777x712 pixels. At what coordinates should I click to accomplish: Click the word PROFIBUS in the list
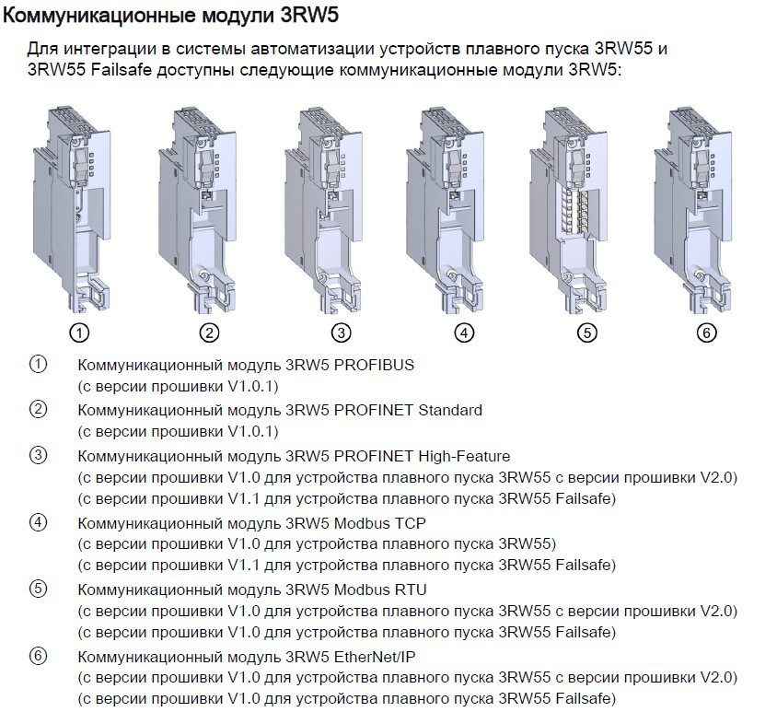(x=374, y=365)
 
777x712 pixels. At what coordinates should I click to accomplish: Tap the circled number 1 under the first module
(x=79, y=333)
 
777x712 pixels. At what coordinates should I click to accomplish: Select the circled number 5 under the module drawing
(x=587, y=333)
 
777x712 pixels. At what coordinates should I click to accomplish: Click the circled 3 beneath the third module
(x=341, y=333)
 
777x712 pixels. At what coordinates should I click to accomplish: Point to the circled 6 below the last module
(x=707, y=333)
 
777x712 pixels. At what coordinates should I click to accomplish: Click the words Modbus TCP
(x=380, y=523)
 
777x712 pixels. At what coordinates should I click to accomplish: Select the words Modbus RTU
(x=380, y=589)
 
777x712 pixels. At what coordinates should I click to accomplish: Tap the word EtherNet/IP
(x=375, y=657)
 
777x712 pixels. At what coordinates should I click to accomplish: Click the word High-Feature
(x=464, y=456)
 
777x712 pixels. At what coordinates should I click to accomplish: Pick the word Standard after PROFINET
(x=450, y=411)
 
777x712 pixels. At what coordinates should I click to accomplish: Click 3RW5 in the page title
(x=309, y=16)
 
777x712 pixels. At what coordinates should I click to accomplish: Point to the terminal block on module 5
(x=574, y=210)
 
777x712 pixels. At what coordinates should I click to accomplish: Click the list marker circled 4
(x=38, y=522)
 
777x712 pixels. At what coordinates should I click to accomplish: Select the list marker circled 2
(x=38, y=410)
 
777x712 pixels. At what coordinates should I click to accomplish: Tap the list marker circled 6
(x=38, y=656)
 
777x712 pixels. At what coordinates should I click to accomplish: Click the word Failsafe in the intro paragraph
(x=121, y=70)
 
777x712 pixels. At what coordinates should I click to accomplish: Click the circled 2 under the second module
(x=209, y=333)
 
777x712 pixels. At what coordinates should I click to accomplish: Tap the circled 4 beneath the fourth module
(x=464, y=333)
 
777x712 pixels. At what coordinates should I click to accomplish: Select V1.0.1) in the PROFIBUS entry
(x=253, y=387)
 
